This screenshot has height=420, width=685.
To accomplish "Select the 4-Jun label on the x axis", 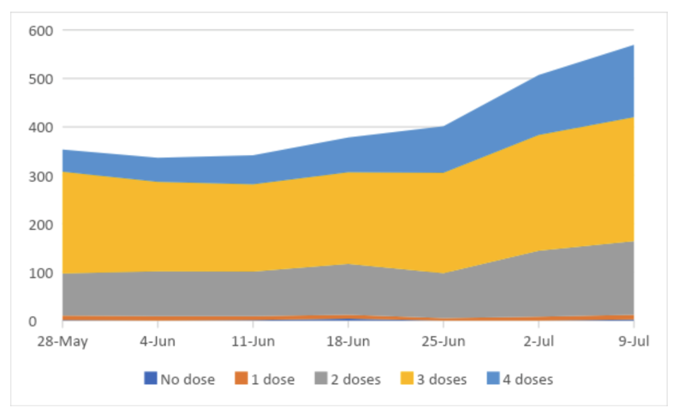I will point(158,341).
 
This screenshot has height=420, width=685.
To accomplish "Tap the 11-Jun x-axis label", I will point(253,341).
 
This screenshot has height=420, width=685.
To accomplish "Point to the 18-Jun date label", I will point(348,341).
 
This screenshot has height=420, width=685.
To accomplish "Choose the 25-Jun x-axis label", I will point(443,341).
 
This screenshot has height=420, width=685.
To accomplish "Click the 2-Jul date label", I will point(539,341).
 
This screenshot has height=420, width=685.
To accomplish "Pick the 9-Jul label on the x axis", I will point(634,341).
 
